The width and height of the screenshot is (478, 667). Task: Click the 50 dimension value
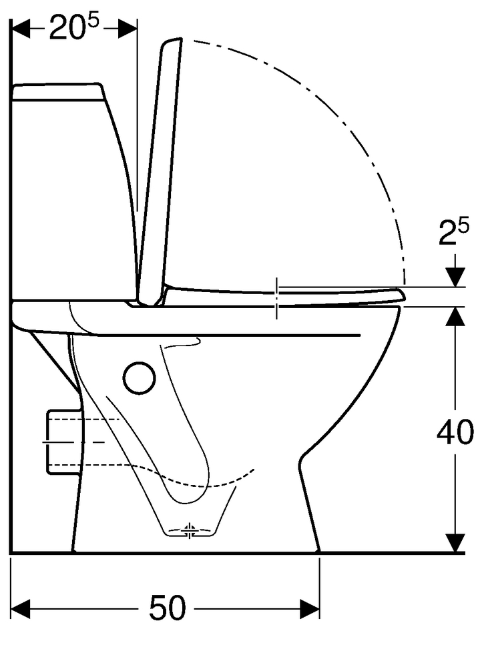(x=168, y=608)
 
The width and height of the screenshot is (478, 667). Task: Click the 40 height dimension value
(x=455, y=432)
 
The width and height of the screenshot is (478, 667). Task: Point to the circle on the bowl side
(x=139, y=378)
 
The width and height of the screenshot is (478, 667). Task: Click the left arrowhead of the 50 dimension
(x=20, y=609)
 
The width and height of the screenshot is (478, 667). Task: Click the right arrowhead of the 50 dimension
(x=310, y=609)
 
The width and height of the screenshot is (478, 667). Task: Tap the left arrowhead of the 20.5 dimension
(x=20, y=29)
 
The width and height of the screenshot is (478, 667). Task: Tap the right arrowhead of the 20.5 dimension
(x=128, y=29)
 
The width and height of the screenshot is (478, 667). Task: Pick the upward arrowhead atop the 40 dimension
(x=455, y=316)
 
